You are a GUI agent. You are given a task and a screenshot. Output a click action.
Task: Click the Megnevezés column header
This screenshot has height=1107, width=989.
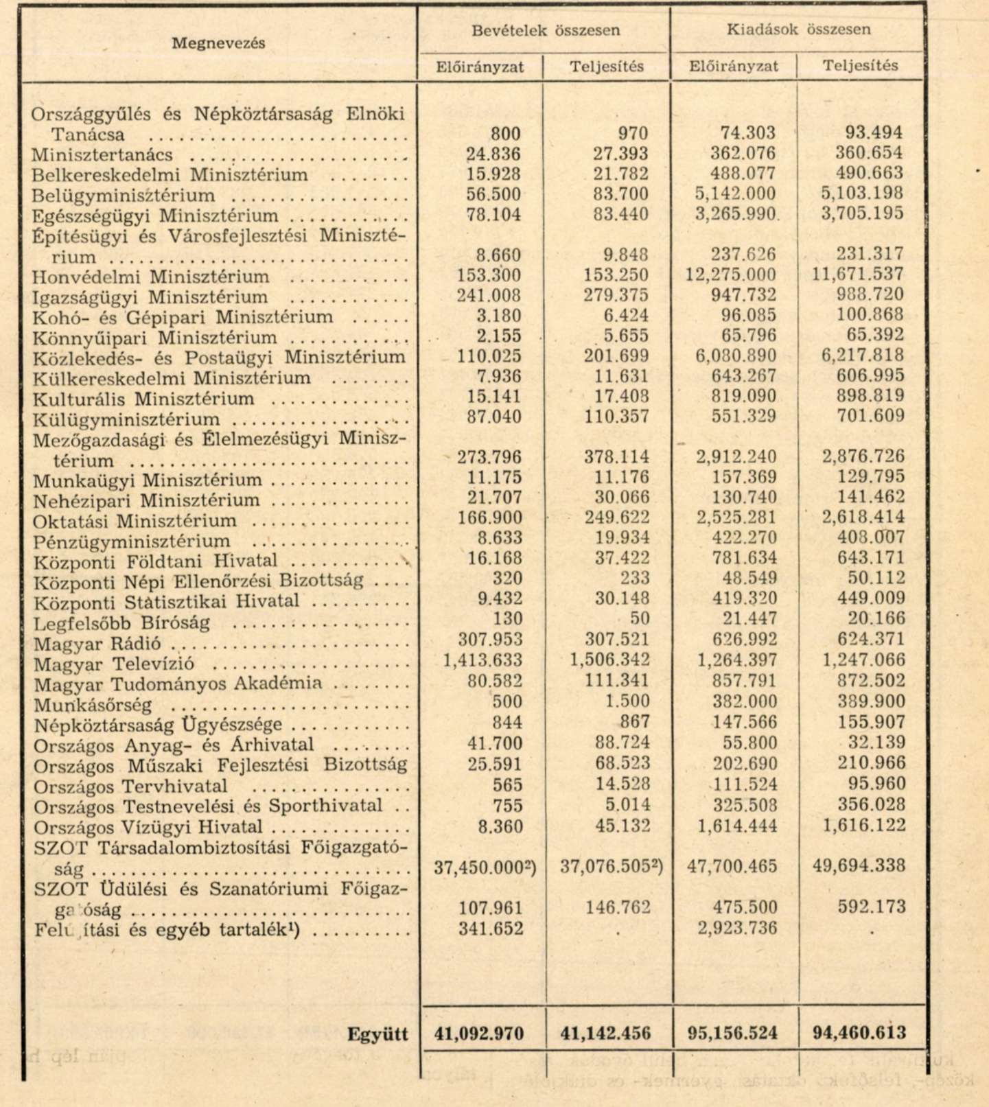pyautogui.click(x=218, y=43)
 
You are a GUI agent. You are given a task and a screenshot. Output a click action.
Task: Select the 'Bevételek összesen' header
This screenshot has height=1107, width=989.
pyautogui.click(x=546, y=30)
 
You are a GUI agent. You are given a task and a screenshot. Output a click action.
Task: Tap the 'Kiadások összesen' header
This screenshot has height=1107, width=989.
pyautogui.click(x=798, y=30)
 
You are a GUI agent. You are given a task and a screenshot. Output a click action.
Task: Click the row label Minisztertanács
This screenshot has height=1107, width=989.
pyautogui.click(x=102, y=155)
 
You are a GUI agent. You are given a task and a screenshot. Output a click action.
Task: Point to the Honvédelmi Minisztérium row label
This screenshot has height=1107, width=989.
pyautogui.click(x=151, y=277)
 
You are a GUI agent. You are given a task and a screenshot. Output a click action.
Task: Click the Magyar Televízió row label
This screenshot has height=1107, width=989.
pyautogui.click(x=114, y=664)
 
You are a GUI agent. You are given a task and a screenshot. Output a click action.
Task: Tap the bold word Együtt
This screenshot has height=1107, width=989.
pyautogui.click(x=377, y=1034)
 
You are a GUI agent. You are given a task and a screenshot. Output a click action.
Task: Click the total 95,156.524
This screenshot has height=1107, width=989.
pyautogui.click(x=733, y=1033)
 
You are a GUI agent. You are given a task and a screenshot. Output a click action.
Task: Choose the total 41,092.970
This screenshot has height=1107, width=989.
pyautogui.click(x=479, y=1034)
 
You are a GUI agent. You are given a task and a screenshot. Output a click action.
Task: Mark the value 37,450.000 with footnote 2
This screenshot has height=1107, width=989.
pyautogui.click(x=485, y=867)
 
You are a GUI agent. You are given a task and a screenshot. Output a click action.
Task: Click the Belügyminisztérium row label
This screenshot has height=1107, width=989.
pyautogui.click(x=124, y=196)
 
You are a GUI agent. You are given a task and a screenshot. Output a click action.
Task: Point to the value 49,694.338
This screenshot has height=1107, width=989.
pyautogui.click(x=859, y=865)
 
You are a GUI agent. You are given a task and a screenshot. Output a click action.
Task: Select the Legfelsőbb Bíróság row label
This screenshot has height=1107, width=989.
pyautogui.click(x=121, y=624)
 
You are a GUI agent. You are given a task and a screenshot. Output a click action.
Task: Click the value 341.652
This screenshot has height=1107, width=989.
pyautogui.click(x=492, y=929)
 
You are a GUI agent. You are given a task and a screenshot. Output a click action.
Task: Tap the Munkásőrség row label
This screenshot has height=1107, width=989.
pyautogui.click(x=93, y=705)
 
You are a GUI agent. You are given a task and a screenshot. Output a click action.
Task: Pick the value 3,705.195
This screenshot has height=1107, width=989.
pyautogui.click(x=862, y=214)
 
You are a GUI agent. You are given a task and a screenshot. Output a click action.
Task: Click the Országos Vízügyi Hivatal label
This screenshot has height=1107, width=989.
pyautogui.click(x=148, y=828)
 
